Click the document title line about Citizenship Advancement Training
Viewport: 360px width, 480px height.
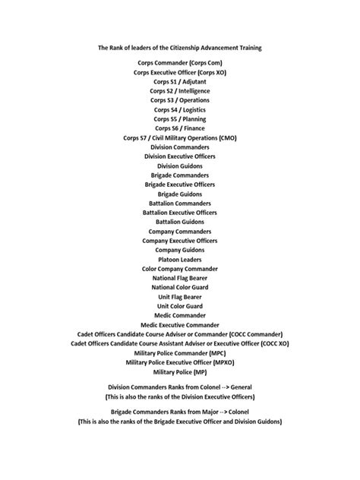(179, 47)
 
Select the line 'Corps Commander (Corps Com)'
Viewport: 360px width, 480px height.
(179, 62)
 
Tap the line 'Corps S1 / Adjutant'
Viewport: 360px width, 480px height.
(179, 81)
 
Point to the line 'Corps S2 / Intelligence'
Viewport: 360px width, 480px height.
(179, 90)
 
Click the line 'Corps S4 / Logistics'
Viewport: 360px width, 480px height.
(179, 109)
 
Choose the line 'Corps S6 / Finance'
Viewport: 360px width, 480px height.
(179, 128)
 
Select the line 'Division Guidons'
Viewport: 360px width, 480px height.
(179, 166)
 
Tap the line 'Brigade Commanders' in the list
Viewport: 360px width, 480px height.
(179, 175)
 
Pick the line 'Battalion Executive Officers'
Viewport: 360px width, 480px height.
(179, 213)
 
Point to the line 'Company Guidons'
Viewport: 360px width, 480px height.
(179, 250)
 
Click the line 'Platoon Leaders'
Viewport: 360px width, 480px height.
(179, 259)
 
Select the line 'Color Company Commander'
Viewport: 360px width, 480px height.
(179, 269)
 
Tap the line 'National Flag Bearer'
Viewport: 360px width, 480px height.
(179, 278)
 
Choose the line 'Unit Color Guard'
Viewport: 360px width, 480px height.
(179, 306)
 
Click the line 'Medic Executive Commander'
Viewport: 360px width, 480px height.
(179, 325)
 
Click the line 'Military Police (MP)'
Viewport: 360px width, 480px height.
(179, 372)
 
